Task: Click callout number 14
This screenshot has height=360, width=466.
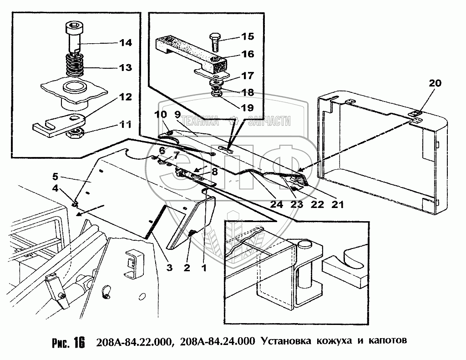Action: tap(119, 43)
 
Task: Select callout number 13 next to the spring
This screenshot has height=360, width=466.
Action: tap(119, 68)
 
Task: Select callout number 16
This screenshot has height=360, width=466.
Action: tap(248, 54)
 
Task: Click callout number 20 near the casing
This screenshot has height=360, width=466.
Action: tap(435, 83)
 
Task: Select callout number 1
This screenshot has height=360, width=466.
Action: tap(204, 268)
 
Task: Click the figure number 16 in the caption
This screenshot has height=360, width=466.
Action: tap(79, 342)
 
